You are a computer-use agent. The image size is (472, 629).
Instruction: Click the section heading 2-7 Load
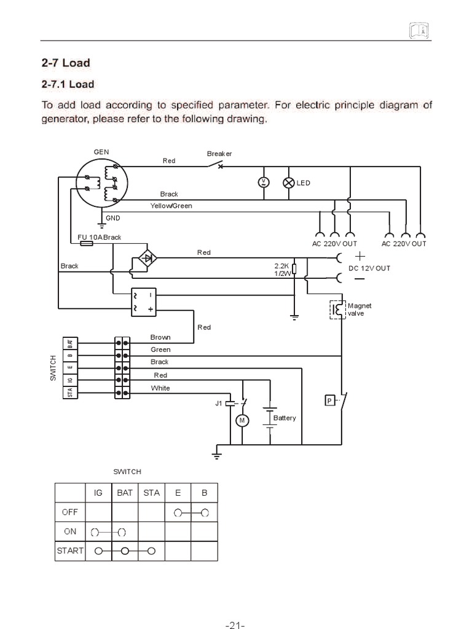click(x=65, y=62)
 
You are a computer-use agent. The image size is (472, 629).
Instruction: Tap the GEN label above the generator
click(x=101, y=151)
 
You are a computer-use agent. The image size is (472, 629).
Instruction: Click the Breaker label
click(x=219, y=154)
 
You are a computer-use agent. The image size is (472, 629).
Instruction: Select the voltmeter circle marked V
click(x=263, y=182)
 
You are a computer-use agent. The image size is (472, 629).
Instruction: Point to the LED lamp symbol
click(x=288, y=182)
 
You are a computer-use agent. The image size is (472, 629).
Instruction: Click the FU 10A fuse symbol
click(x=87, y=244)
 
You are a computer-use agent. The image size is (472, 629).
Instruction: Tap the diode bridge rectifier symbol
click(x=146, y=257)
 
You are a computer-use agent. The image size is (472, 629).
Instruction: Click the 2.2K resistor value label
click(x=281, y=266)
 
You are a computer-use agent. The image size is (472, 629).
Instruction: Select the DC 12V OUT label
click(x=369, y=268)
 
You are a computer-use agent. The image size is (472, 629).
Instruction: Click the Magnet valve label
click(x=360, y=309)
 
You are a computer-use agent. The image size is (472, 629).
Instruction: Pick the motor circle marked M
click(x=242, y=420)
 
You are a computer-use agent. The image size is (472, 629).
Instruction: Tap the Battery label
click(x=285, y=418)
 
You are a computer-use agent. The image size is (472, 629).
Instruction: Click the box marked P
click(x=329, y=401)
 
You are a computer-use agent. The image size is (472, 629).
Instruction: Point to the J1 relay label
click(x=219, y=404)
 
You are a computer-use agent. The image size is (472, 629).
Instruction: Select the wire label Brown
click(x=160, y=337)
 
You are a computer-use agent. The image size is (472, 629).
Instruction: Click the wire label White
click(x=160, y=388)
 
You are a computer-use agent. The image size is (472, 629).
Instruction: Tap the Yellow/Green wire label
click(x=171, y=206)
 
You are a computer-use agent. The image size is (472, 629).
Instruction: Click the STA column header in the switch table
click(x=151, y=492)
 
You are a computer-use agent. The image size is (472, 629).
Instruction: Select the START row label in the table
click(x=69, y=550)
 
